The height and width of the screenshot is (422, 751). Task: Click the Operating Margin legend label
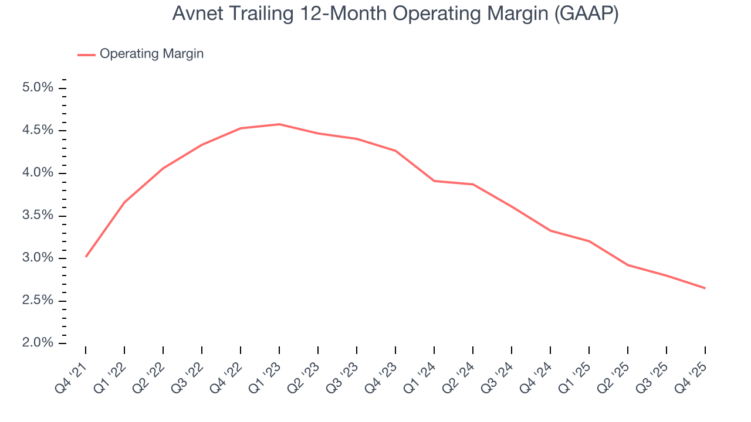point(151,54)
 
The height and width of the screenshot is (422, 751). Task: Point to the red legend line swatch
point(86,55)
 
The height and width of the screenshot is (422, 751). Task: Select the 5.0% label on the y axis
point(38,88)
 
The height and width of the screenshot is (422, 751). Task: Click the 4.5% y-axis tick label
point(38,131)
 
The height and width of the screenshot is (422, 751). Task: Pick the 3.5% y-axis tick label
point(38,216)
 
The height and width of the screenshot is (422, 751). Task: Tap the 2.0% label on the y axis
point(38,343)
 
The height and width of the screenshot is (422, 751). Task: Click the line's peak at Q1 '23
point(279,124)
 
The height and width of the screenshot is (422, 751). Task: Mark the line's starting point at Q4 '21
point(86,257)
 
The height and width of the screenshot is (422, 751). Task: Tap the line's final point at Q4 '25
point(705,288)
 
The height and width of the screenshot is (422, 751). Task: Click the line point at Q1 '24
point(434,181)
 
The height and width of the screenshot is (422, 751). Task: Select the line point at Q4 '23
point(395,151)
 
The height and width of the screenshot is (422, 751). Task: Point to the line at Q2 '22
point(163,168)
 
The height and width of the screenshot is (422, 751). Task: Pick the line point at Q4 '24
point(550,230)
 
